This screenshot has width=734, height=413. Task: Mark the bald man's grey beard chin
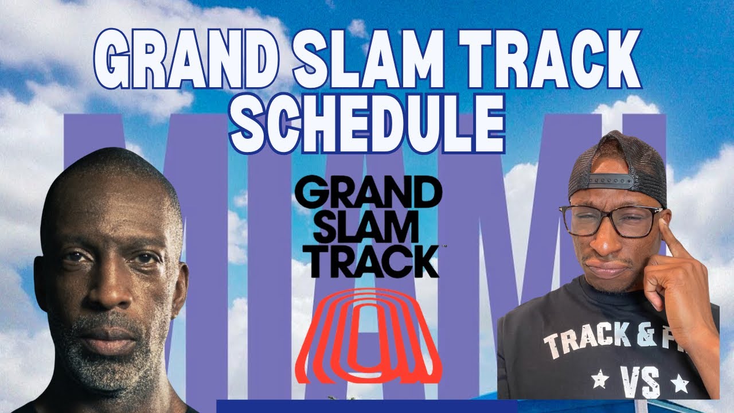click(x=109, y=367)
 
